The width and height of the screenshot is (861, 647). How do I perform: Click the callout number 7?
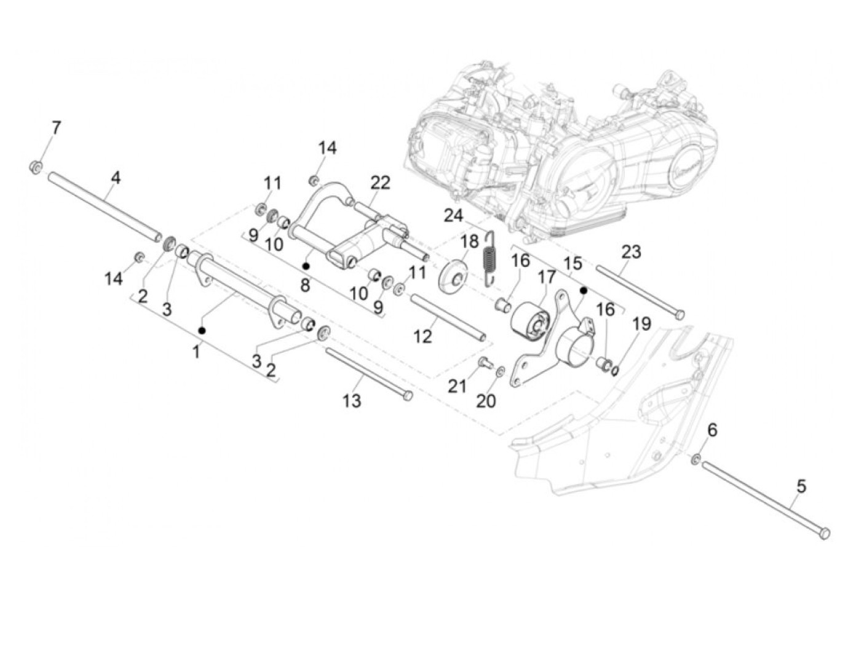tap(56, 129)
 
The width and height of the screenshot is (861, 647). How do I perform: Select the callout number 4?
tap(116, 178)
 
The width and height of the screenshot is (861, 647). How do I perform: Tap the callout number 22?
tap(380, 183)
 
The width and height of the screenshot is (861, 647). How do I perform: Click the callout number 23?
tap(630, 252)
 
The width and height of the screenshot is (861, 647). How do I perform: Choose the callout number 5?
tap(801, 486)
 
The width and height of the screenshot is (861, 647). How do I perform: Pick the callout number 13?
tap(352, 401)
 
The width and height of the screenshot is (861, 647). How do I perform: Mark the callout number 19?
tap(641, 323)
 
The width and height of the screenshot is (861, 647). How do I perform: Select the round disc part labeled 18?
tap(453, 274)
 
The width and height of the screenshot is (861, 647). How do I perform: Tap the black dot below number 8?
tap(305, 266)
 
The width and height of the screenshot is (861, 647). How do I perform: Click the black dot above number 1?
tap(202, 331)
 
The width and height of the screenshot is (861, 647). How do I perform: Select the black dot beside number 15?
tap(583, 289)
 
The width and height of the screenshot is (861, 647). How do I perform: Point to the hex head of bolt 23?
tap(679, 315)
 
